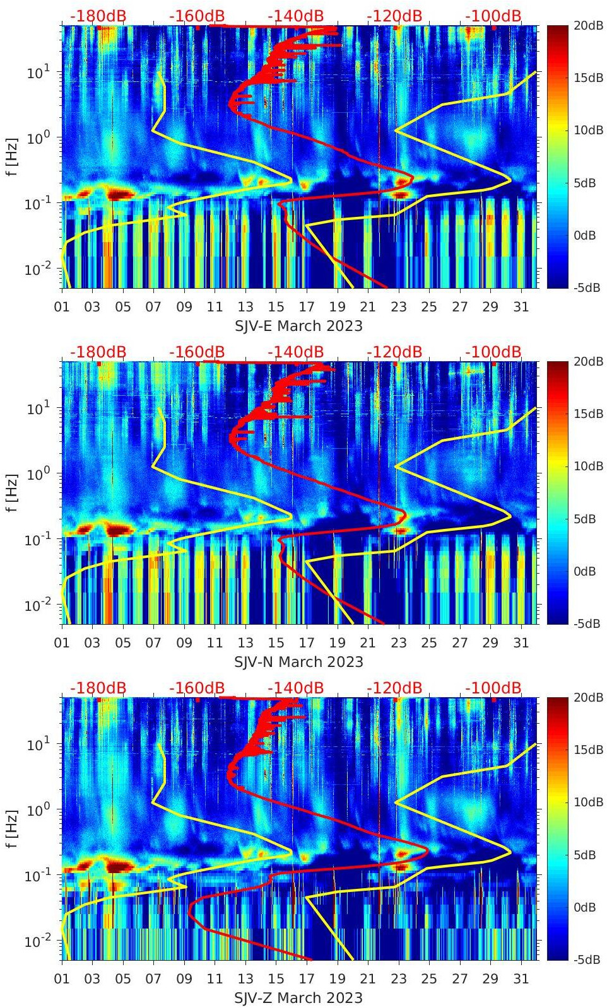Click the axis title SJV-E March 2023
click(x=298, y=326)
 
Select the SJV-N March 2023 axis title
click(x=298, y=662)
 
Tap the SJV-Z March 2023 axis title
click(x=298, y=998)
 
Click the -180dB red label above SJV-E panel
click(x=98, y=16)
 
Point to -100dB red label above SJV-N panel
click(x=493, y=352)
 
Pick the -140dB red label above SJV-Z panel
click(x=295, y=688)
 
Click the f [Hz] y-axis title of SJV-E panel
click(x=12, y=156)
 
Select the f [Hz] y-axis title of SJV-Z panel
click(x=12, y=828)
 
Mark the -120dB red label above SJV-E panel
click(x=394, y=16)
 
